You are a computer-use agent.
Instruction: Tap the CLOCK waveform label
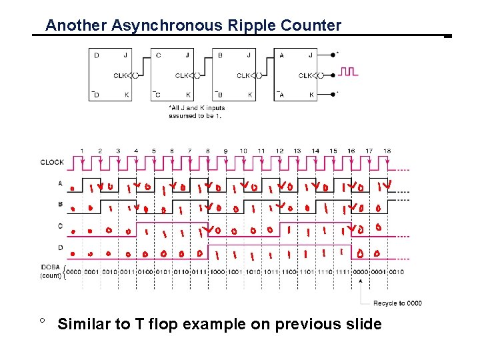pos(52,162)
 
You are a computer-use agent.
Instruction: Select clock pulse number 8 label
pos(207,151)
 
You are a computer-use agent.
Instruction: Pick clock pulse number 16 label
pos(351,151)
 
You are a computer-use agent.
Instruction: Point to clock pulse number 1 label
pos(82,151)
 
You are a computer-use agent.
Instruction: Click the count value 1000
pos(217,271)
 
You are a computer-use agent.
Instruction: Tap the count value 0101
pos(163,271)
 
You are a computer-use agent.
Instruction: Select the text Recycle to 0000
pos(397,303)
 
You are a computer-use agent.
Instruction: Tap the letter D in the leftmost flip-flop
pos(96,55)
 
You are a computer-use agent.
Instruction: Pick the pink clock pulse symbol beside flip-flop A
pos(349,71)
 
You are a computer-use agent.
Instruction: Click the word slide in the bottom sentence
pos(363,325)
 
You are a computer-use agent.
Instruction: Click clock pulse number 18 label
pos(387,151)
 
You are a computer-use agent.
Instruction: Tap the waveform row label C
pos(61,226)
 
